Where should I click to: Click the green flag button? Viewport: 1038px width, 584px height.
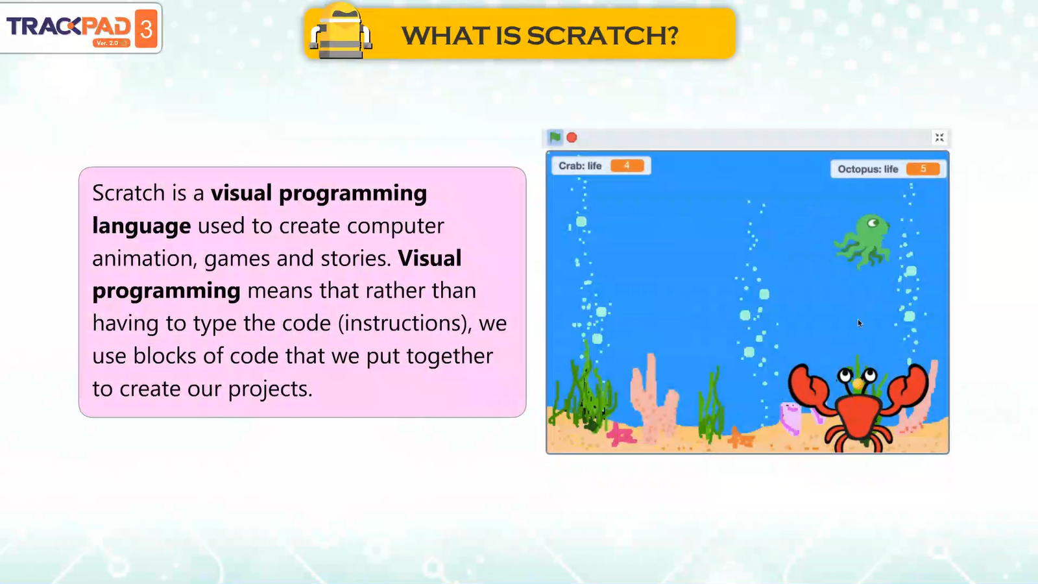555,137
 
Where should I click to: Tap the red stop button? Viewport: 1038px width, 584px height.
572,138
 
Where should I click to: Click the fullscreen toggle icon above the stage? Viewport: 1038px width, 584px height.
939,138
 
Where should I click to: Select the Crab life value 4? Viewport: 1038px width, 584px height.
627,166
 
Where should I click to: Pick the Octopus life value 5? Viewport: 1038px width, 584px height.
923,169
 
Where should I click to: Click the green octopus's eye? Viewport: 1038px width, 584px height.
873,223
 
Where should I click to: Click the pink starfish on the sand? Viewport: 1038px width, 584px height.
621,435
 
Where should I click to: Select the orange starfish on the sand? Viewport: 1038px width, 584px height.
740,437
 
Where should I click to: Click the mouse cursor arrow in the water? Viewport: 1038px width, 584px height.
860,324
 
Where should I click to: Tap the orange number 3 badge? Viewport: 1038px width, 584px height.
146,29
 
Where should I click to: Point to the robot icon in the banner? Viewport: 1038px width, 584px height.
341,32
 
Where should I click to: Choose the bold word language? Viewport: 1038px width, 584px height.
141,226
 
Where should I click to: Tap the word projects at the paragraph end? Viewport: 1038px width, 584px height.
271,389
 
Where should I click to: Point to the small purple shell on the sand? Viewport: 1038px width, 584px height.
790,417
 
